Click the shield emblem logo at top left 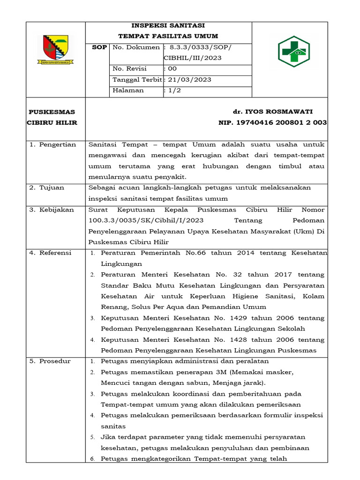[55, 49]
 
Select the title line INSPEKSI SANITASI [168, 25]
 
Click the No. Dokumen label [136, 47]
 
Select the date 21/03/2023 [190, 80]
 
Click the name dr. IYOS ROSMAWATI [272, 112]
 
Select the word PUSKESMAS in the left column [52, 112]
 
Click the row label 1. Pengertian [52, 144]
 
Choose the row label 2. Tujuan [47, 187]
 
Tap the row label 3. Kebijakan [52, 210]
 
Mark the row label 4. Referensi [51, 253]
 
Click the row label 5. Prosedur [50, 361]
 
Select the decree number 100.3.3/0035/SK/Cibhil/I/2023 [149, 220]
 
